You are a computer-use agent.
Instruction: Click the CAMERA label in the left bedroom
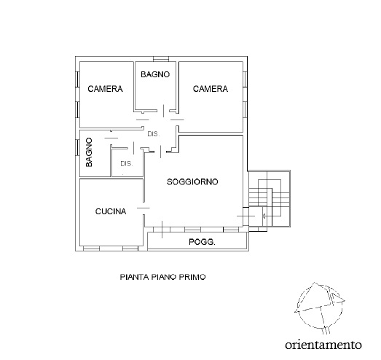pos(105,89)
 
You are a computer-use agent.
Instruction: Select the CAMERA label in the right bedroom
pos(211,89)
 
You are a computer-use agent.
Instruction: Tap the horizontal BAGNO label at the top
pos(155,74)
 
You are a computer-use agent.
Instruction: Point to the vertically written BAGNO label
pos(89,153)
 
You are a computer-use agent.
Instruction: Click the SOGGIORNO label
pos(193,181)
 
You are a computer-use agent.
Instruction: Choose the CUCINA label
pos(111,212)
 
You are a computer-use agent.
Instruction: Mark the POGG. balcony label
pos(202,242)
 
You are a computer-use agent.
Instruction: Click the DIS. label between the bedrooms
pos(153,134)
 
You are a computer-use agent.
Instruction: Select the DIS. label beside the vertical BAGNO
pos(126,164)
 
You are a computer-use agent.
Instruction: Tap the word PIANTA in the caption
pos(134,277)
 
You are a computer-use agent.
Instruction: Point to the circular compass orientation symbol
pos(317,305)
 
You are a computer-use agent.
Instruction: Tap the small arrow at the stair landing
pos(264,216)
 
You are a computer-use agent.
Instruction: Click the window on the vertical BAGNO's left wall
pos(77,152)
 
